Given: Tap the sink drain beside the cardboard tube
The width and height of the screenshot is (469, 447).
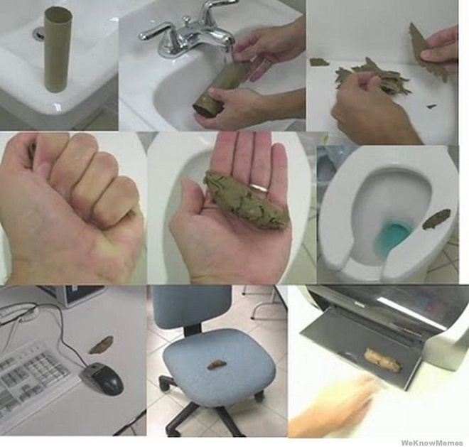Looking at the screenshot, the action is tap(38, 33).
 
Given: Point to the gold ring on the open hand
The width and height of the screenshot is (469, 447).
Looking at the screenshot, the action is tap(259, 188).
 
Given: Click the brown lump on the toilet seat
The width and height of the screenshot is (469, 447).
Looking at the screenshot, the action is tap(437, 219).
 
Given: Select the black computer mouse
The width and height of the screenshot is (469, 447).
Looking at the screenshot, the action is tap(102, 377).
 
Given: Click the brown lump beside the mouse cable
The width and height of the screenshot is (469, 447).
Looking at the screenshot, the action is tap(102, 345).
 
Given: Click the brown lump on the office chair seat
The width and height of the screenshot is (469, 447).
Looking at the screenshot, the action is tap(216, 365).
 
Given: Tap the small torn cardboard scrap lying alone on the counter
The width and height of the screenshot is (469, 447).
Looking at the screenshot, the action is tap(319, 62).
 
